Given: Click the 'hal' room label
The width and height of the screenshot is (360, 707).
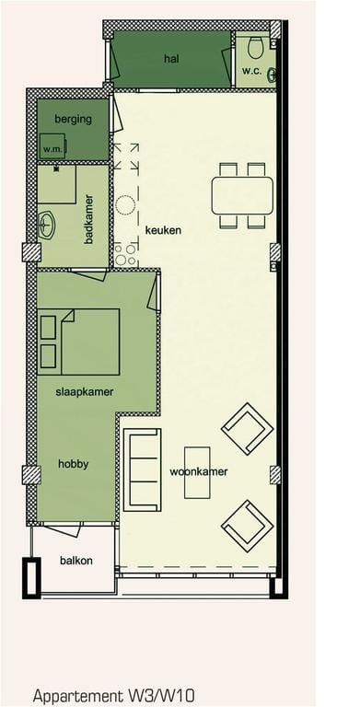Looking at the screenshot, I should coord(170,58).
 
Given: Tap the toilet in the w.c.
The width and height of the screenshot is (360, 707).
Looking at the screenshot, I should coord(256,47).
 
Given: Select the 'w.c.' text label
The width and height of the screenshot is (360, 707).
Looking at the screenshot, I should coord(253,72).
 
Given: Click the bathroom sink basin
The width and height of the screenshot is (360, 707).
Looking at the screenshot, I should coord(47,223).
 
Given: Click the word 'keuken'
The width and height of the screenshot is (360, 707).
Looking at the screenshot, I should coord(163,229).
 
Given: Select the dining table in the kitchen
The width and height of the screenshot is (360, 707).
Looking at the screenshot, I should coord(242,195).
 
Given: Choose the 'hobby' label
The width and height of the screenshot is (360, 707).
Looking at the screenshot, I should coord(73,464).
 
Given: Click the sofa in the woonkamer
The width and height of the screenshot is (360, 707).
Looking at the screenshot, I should coord(143,469).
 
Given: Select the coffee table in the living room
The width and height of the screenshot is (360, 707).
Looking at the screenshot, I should coord(197,472).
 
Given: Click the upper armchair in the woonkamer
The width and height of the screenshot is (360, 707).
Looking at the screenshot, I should coord(247,429).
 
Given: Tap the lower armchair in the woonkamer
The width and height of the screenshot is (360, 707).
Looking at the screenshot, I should coord(246,526).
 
